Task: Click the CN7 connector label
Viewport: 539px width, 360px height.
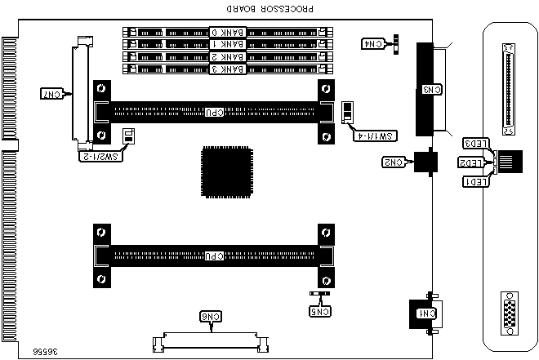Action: (x=51, y=95)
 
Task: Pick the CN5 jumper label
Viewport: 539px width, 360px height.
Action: (x=320, y=310)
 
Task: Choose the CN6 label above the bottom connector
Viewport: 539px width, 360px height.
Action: (x=212, y=316)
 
